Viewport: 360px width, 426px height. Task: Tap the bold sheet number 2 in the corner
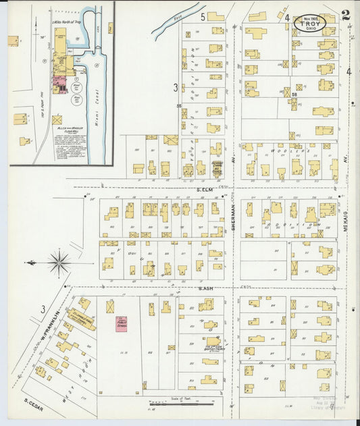pyautogui.click(x=346, y=15)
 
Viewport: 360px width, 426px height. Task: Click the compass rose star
pyautogui.click(x=59, y=262)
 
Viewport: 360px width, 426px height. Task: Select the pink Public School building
pyautogui.click(x=122, y=323)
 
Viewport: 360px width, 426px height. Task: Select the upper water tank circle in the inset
pyautogui.click(x=76, y=86)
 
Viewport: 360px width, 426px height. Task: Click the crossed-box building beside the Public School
pyautogui.click(x=109, y=306)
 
